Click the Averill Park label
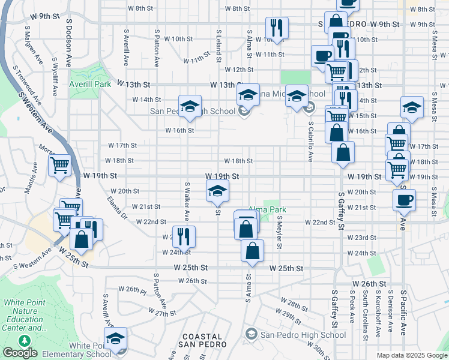coord(90,85)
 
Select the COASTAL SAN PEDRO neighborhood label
coord(202,340)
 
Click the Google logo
coord(20,353)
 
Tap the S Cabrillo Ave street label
coord(311,142)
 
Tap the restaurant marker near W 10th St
coord(277,27)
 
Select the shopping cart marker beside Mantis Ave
coord(59,166)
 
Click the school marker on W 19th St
coord(217,191)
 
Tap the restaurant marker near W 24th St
coord(184,236)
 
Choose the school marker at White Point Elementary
coord(116,338)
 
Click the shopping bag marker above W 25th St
coord(252,250)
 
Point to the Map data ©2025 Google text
coord(411,355)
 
